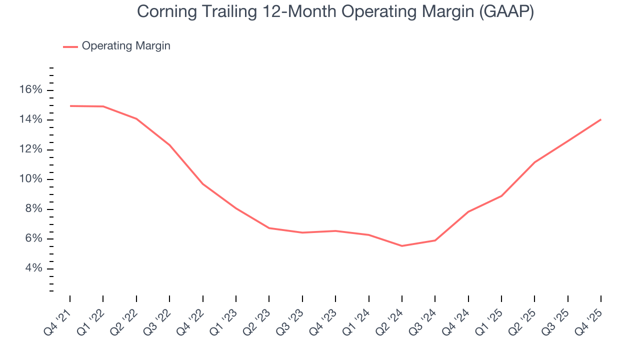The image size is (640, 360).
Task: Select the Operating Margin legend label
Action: [x=126, y=46]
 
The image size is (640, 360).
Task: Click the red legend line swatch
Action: [x=70, y=46]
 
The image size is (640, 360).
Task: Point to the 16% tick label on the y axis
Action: [x=31, y=90]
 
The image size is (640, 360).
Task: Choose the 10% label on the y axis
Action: [x=31, y=179]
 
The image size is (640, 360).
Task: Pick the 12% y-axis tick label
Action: [x=31, y=149]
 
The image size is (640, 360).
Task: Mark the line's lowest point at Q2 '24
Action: [x=402, y=246]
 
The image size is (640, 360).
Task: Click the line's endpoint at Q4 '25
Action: [x=601, y=119]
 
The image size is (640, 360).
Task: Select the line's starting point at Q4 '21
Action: [x=70, y=106]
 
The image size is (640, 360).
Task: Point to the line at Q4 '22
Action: [x=203, y=184]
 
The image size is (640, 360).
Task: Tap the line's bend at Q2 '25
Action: [x=534, y=162]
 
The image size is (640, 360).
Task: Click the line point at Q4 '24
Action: [x=468, y=211]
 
